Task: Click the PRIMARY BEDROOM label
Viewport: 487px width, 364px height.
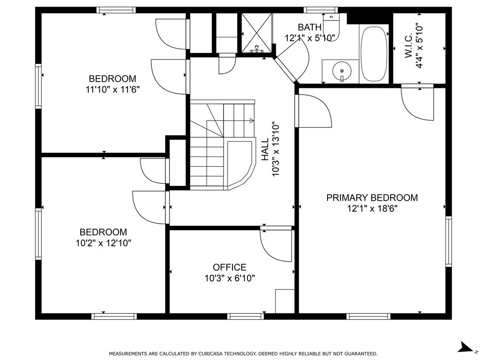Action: (372, 197)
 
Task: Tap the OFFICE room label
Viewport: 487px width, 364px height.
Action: (230, 267)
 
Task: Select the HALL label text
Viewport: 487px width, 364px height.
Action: (265, 150)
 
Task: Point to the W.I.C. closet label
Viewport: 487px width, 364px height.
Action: (409, 45)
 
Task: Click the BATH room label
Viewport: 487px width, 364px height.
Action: (309, 27)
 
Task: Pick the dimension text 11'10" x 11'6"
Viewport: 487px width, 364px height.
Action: (112, 90)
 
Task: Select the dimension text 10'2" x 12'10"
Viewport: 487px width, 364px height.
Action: (103, 243)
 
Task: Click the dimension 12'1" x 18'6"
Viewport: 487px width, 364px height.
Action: (372, 208)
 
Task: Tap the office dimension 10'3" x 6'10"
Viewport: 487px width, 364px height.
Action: (230, 278)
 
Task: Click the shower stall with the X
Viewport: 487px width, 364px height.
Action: (256, 33)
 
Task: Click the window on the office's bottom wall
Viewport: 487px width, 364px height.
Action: (245, 316)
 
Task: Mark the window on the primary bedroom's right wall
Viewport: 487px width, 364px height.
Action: (449, 242)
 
